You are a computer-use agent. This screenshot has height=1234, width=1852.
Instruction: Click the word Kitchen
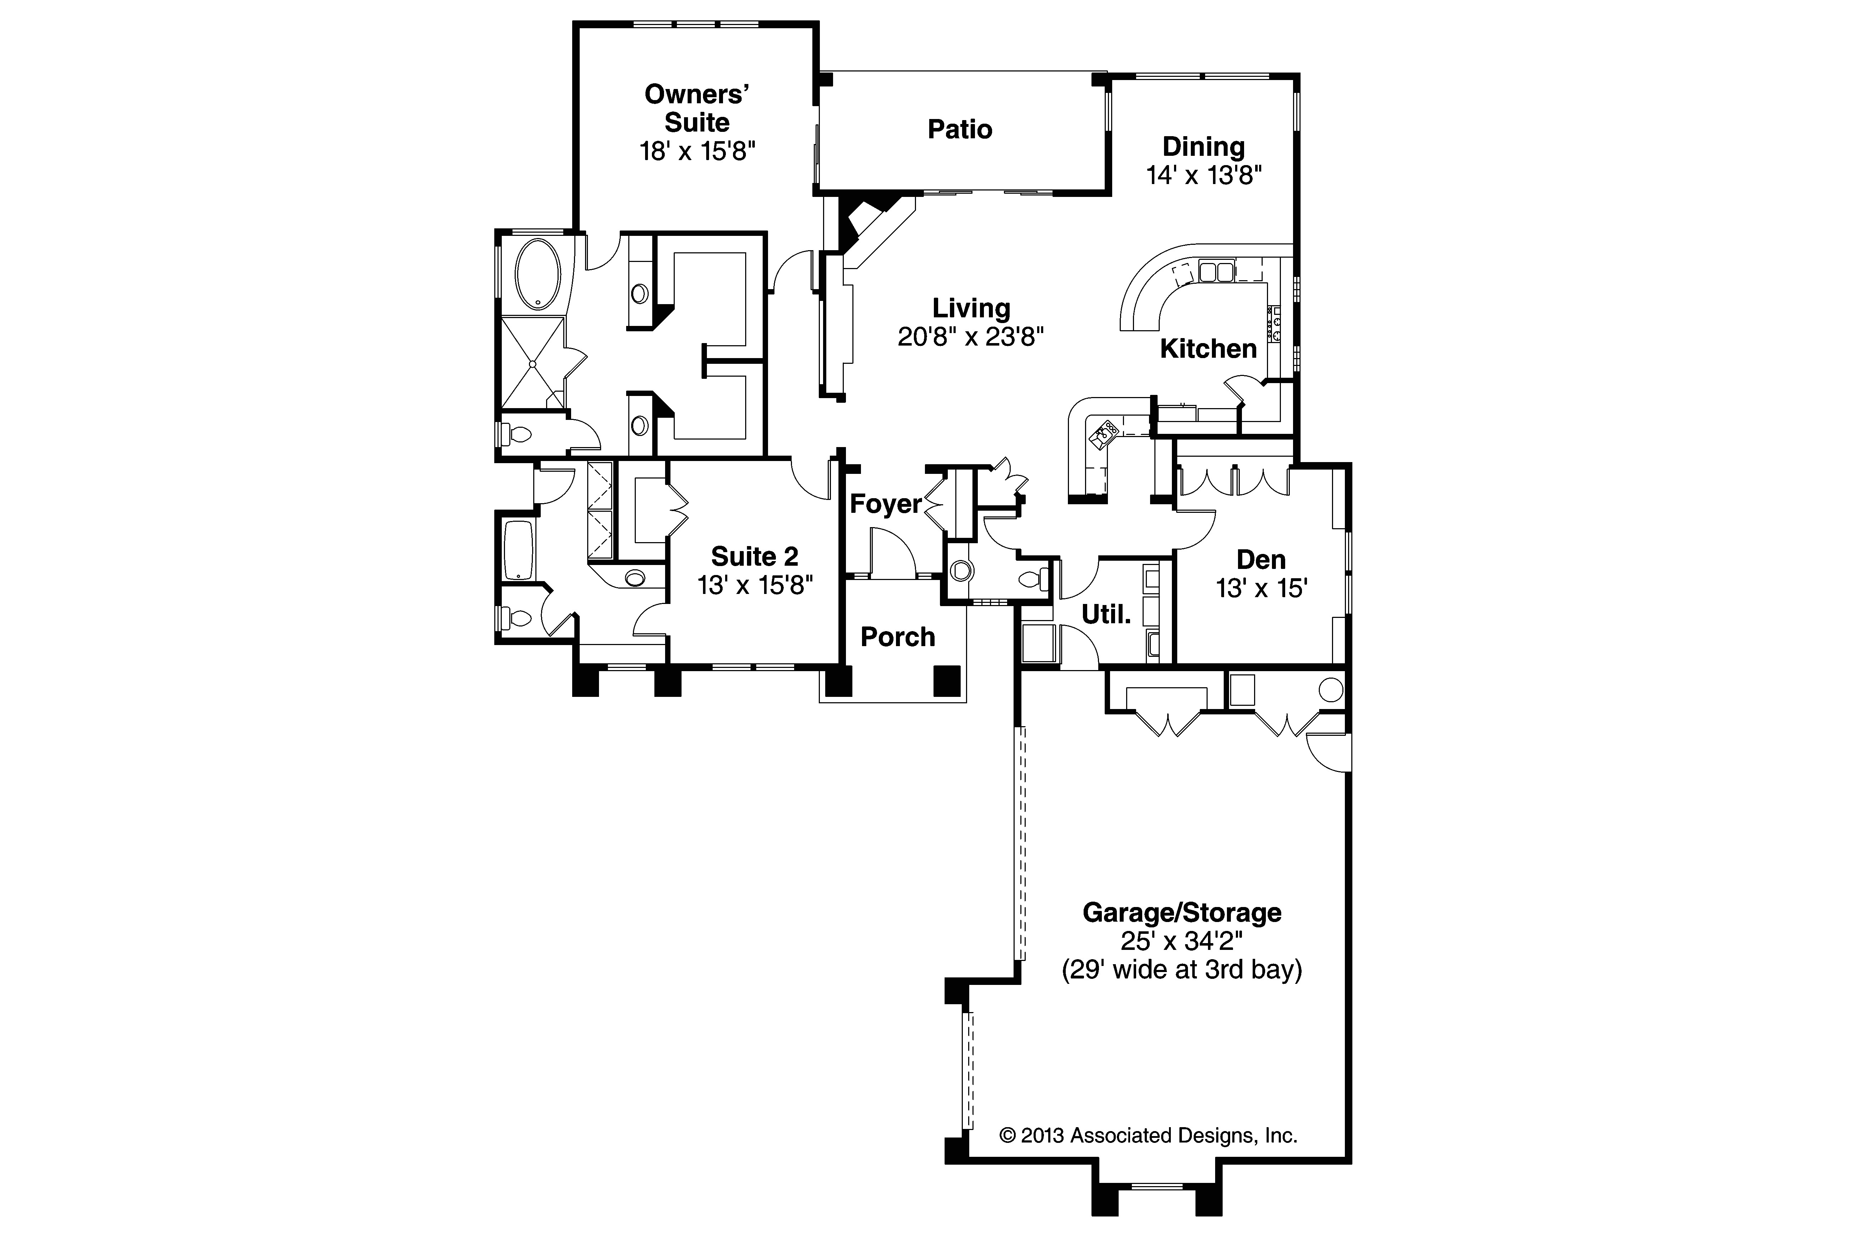[x=1208, y=349]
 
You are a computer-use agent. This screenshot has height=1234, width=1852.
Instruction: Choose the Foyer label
[x=886, y=504]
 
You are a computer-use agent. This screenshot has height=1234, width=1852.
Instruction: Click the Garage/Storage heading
[x=1182, y=913]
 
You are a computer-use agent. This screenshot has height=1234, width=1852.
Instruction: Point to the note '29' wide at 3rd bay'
[x=1182, y=970]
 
